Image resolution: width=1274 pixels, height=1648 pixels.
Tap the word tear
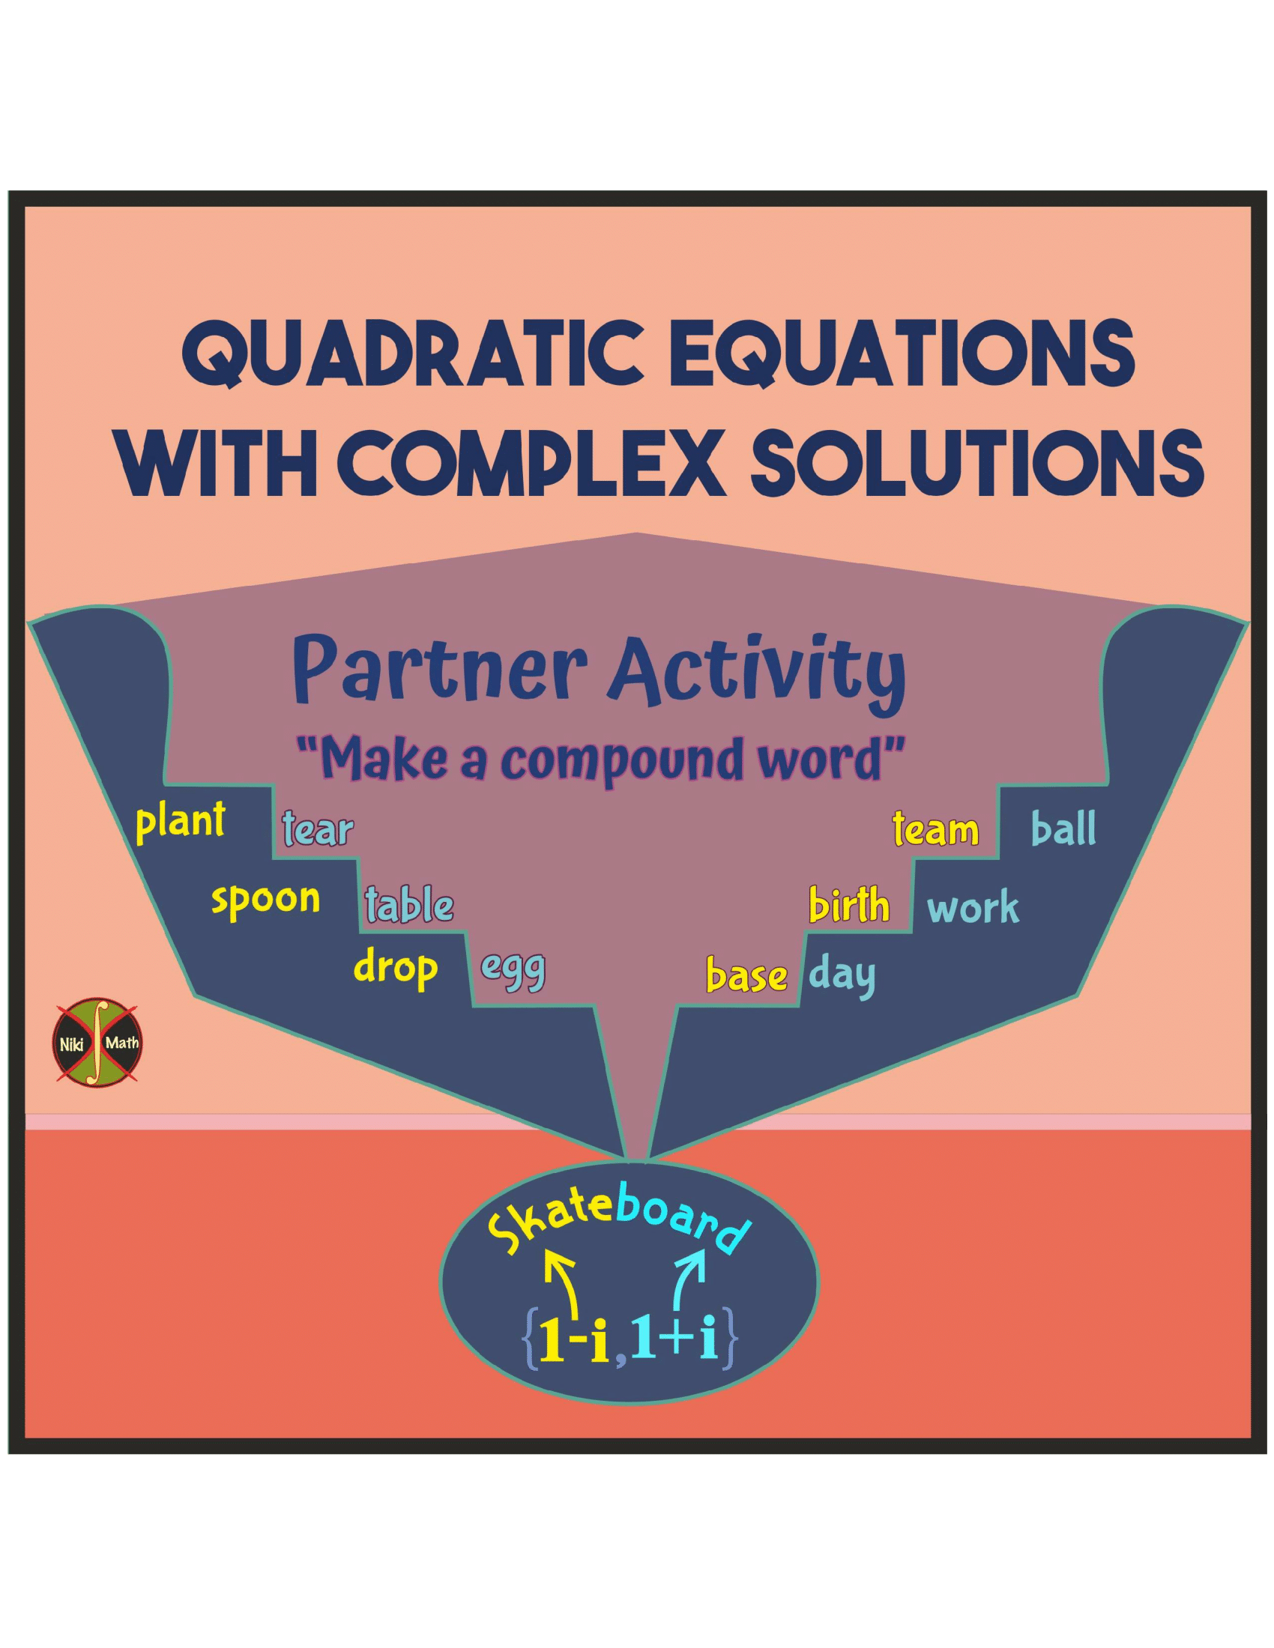[x=318, y=828]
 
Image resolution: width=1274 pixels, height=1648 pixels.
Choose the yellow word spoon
[x=266, y=900]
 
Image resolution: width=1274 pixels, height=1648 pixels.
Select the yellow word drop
[x=396, y=968]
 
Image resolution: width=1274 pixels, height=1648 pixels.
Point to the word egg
[x=513, y=972]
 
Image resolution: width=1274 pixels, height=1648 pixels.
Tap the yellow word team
[x=936, y=828]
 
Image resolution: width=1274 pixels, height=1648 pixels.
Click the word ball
[x=1063, y=827]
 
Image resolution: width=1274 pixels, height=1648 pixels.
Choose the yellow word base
[x=746, y=975]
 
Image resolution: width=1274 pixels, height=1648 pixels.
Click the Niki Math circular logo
[x=99, y=1043]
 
